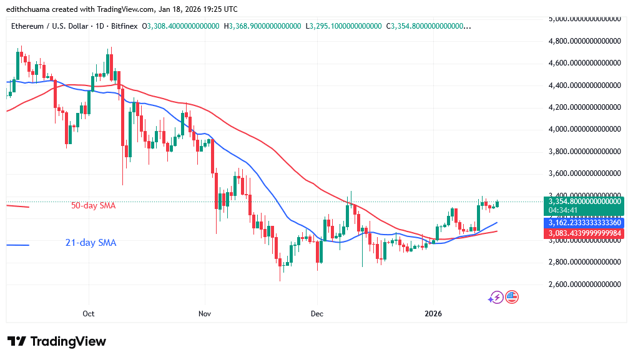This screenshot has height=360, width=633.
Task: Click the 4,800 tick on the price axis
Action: click(x=584, y=41)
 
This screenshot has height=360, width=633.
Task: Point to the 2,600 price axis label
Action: click(x=584, y=284)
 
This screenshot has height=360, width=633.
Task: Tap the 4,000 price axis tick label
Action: click(x=584, y=129)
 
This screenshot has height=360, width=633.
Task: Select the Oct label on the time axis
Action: click(x=89, y=313)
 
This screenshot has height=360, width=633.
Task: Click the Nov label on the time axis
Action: click(x=204, y=313)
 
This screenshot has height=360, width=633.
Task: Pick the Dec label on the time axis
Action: click(x=317, y=313)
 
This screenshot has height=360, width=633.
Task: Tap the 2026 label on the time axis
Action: click(x=433, y=313)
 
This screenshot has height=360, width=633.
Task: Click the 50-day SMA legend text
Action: click(x=93, y=205)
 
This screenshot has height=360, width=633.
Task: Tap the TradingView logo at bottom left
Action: click(x=57, y=341)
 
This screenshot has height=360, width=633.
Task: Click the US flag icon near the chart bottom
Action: click(x=512, y=297)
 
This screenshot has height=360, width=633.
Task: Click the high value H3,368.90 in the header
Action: click(x=265, y=26)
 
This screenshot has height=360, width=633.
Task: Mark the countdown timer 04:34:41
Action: click(x=562, y=210)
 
